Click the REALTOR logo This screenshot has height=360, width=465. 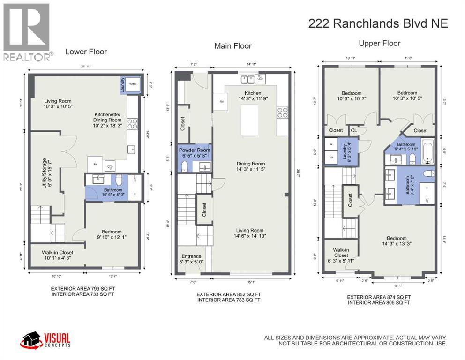(26, 30)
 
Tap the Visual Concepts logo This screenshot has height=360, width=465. (45, 339)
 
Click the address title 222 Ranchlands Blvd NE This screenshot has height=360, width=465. (378, 24)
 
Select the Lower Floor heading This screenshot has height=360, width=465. (86, 52)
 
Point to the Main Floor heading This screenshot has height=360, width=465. (233, 46)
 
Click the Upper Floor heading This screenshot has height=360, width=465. (380, 44)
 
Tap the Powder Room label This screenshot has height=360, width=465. (195, 150)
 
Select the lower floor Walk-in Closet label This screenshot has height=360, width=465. (57, 252)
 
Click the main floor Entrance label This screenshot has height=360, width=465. (192, 256)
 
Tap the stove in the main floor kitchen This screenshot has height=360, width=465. (283, 112)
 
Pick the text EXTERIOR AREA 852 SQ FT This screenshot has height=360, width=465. (229, 294)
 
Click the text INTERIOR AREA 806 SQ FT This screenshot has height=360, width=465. (379, 303)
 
